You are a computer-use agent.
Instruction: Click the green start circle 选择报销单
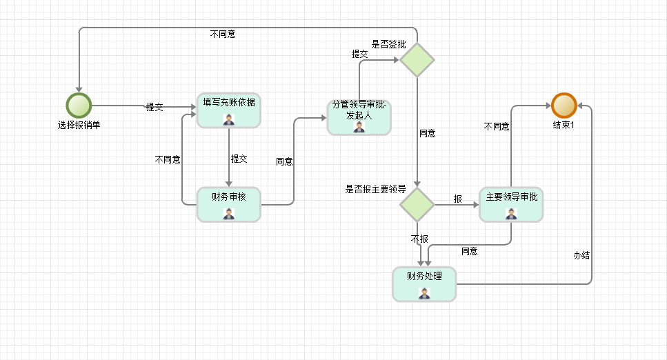(x=79, y=106)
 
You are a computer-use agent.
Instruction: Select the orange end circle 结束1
(x=564, y=106)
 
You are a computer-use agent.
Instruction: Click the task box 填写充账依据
(x=228, y=110)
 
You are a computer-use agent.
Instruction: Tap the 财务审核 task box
(x=228, y=204)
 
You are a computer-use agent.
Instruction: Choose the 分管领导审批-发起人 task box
(x=359, y=117)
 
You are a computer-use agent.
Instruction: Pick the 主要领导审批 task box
(x=510, y=204)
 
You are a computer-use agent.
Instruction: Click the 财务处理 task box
(x=424, y=283)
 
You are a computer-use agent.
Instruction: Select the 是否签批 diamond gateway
(x=417, y=60)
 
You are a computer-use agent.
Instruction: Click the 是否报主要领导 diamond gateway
(x=417, y=204)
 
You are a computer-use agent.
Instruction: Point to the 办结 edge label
(x=581, y=254)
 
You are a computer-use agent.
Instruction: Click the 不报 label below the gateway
(x=419, y=239)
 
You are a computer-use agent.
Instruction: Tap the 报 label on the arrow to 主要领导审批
(x=457, y=199)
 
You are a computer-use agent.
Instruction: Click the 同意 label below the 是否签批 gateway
(x=428, y=133)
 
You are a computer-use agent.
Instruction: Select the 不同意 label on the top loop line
(x=223, y=33)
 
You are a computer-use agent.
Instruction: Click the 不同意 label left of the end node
(x=497, y=126)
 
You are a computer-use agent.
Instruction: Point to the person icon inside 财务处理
(x=424, y=293)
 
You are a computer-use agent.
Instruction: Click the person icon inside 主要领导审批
(x=510, y=214)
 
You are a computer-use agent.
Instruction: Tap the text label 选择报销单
(x=79, y=126)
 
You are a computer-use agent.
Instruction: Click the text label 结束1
(x=564, y=126)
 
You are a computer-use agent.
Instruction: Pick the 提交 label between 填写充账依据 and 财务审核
(x=239, y=159)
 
